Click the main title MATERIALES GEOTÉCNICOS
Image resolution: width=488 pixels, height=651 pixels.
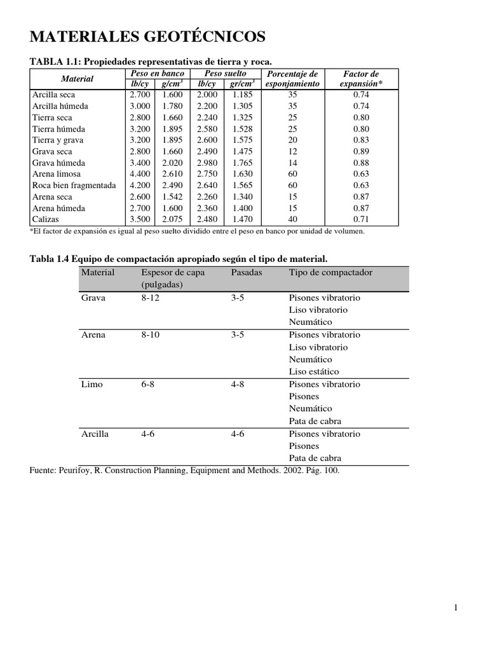[x=148, y=38]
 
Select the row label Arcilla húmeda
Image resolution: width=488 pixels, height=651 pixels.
[x=60, y=106]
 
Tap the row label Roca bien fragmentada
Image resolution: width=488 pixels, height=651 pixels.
[x=74, y=185]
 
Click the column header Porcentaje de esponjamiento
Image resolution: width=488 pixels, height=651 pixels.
[x=292, y=79]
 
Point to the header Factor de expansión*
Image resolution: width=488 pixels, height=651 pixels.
[x=361, y=79]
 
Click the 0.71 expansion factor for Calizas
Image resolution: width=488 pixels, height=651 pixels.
[x=361, y=219]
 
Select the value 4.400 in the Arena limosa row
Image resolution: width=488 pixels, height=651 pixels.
[x=140, y=174]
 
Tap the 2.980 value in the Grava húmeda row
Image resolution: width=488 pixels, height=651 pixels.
[x=208, y=163]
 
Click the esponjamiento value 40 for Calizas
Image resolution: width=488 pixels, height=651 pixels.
[x=292, y=219]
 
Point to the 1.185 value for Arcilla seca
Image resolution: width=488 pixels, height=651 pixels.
[x=242, y=95]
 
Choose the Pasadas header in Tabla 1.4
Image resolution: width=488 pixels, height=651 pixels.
[x=247, y=272]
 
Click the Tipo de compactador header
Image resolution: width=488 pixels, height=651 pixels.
[x=330, y=272]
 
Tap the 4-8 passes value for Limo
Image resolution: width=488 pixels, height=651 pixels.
[x=238, y=384]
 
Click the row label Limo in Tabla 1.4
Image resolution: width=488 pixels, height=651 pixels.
[x=91, y=384]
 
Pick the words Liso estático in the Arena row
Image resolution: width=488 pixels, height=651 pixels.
[x=314, y=371]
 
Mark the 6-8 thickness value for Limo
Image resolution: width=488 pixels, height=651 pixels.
[x=147, y=384]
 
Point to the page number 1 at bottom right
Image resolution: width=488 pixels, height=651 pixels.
[x=456, y=608]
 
